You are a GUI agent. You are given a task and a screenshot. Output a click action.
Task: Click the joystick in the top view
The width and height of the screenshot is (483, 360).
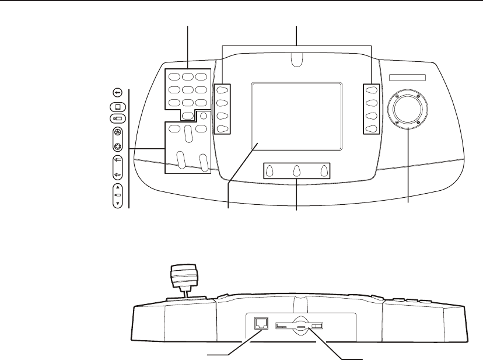(x=407, y=109)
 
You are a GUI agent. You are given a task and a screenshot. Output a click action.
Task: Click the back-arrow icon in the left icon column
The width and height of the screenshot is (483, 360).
(x=117, y=92)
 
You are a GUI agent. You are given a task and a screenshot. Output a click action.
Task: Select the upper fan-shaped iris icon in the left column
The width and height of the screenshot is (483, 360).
(x=117, y=134)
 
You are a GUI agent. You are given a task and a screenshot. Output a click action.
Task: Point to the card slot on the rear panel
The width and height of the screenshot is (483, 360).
(x=298, y=326)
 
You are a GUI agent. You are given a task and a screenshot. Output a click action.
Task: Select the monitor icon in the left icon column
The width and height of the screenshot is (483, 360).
(x=117, y=107)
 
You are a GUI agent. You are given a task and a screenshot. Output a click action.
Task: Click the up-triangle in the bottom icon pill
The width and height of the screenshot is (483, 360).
(x=117, y=188)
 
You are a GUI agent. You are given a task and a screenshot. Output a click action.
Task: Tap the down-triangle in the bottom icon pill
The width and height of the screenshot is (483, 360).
(x=117, y=204)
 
